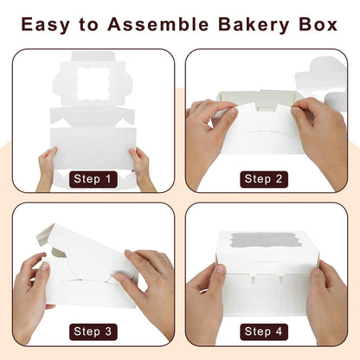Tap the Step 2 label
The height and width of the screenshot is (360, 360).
pos(266,179)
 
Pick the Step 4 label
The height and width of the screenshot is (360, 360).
pos(266,331)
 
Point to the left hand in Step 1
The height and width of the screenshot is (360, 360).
pos(46,167)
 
